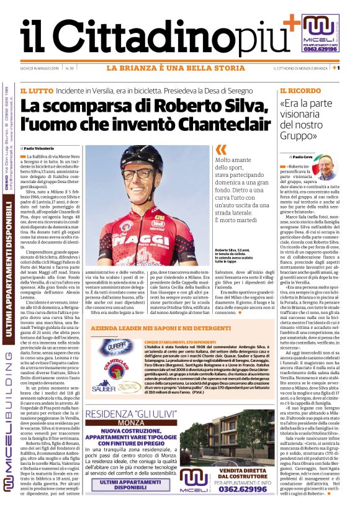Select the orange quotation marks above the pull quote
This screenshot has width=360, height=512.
click(x=220, y=150)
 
